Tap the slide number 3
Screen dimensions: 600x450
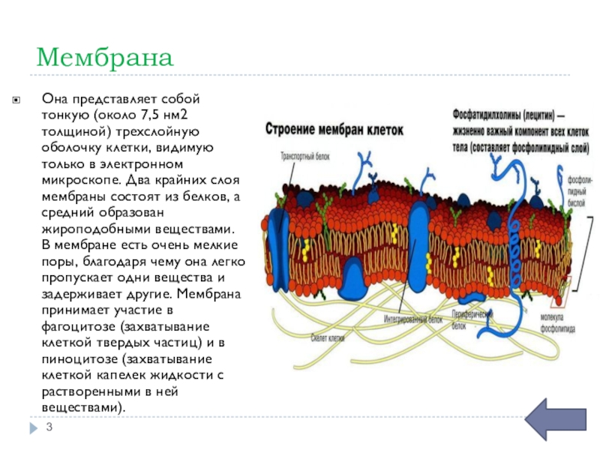click(x=49, y=427)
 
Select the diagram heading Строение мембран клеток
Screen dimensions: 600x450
click(x=334, y=129)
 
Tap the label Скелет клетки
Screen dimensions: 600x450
click(x=327, y=337)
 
